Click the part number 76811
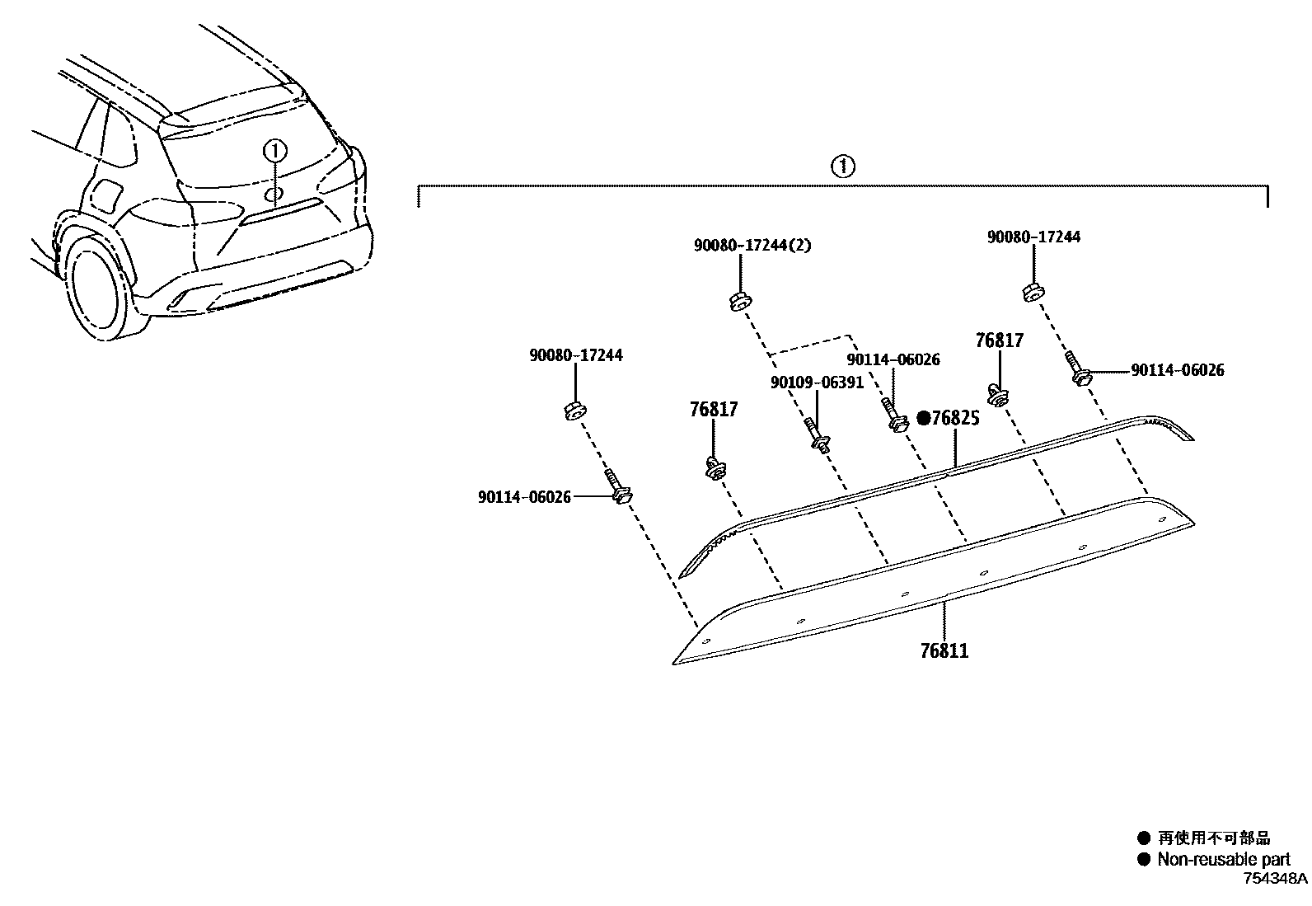pos(944,650)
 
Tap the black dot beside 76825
pos(924,418)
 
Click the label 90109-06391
pos(817,383)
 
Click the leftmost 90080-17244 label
pos(575,355)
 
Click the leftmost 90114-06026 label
pos(524,497)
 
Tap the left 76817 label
pos(714,409)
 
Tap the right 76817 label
pos(1000,340)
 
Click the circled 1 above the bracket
pos(842,167)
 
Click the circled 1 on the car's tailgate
pos(274,151)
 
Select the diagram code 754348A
pos(1275,879)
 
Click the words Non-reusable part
pos(1223,859)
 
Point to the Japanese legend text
pos(1214,838)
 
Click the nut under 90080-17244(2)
pos(739,302)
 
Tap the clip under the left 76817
pos(715,468)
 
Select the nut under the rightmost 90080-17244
pos(1033,292)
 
